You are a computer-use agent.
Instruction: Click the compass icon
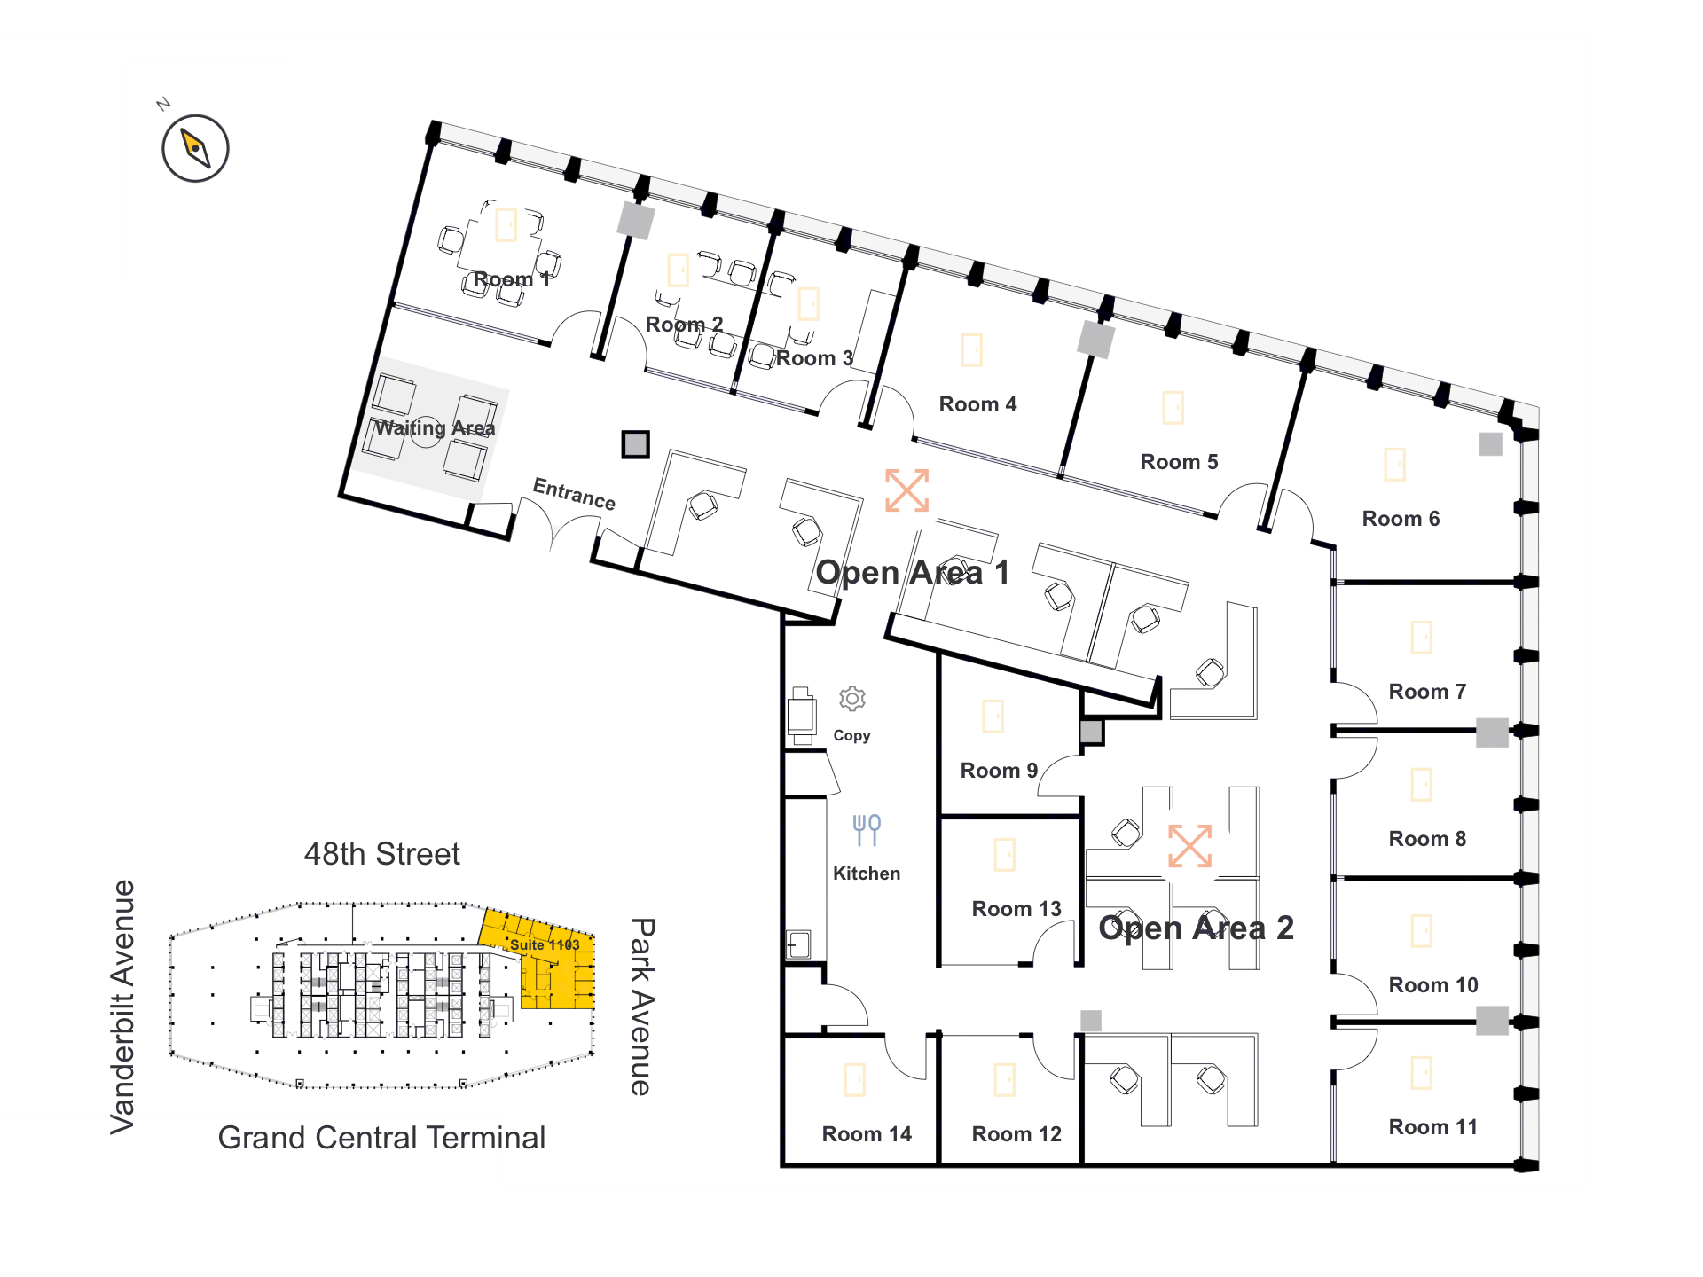(195, 148)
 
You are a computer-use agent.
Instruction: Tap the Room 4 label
(977, 404)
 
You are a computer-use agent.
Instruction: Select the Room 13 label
(1016, 909)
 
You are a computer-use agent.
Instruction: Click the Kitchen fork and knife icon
(867, 830)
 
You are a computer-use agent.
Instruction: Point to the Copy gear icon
(852, 699)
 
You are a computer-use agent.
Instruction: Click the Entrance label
(574, 493)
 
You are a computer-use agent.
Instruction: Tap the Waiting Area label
(435, 427)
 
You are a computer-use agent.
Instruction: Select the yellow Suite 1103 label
(545, 945)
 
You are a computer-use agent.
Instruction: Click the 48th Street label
(381, 854)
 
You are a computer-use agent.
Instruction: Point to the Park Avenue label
(642, 1007)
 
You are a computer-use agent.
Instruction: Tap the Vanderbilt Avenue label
(122, 1007)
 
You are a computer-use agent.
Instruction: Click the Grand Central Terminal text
(381, 1138)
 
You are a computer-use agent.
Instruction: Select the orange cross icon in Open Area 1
(906, 490)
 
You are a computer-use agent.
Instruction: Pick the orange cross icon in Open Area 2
(1189, 846)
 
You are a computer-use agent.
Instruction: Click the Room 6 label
(1401, 519)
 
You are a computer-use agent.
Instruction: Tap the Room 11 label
(1433, 1127)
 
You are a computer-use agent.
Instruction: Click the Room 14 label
(867, 1134)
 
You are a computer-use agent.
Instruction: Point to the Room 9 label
(999, 771)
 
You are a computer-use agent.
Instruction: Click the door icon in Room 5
(1173, 408)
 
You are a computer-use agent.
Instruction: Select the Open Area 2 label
(1196, 928)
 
